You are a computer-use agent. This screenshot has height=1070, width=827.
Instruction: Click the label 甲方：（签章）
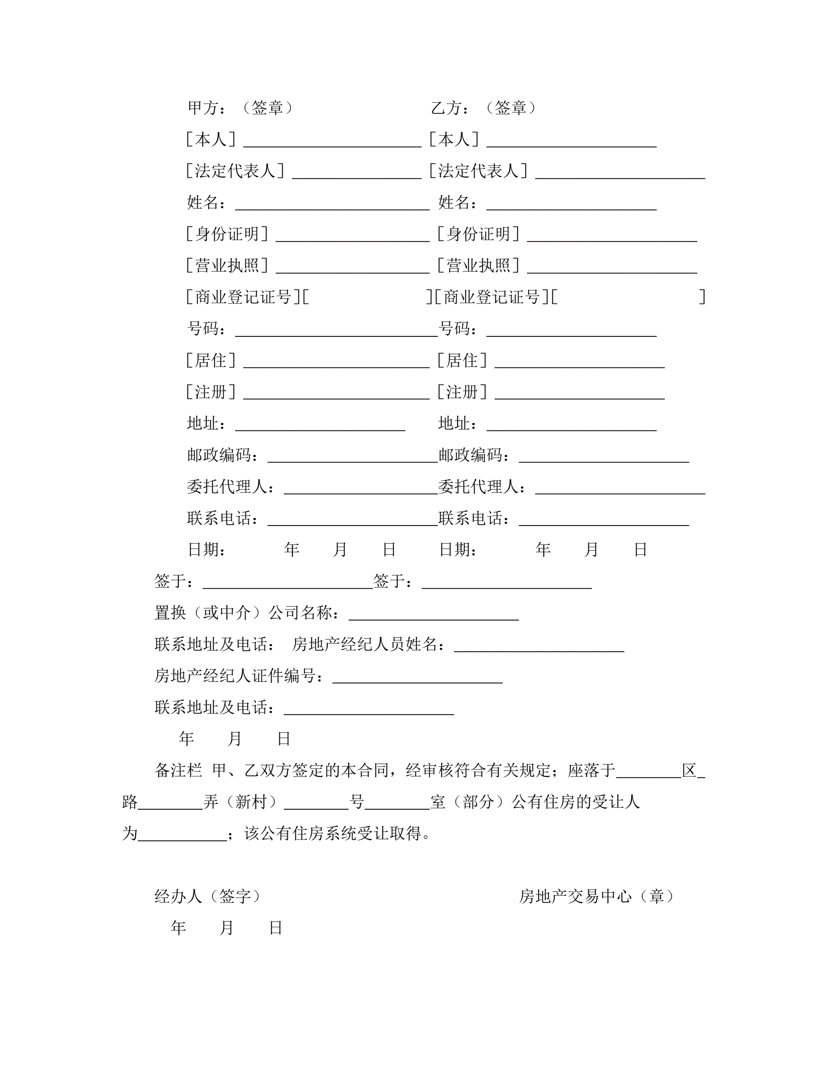click(241, 108)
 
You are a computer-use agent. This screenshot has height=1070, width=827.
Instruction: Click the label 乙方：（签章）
click(484, 108)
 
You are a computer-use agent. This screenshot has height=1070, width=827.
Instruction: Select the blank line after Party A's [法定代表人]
click(356, 174)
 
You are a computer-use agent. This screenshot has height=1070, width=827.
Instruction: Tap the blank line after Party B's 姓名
click(571, 206)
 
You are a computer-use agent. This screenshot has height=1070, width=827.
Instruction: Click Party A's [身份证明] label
click(227, 234)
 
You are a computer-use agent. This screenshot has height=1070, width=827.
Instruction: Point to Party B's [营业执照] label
click(478, 266)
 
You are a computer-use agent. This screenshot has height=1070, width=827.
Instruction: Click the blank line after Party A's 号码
click(336, 332)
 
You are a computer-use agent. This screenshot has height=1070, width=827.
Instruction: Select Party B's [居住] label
click(462, 361)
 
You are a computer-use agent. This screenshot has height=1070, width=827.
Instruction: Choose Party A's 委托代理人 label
click(230, 487)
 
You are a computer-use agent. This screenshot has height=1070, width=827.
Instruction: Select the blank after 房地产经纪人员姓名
click(539, 648)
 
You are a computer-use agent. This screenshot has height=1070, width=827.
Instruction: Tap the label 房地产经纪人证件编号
click(239, 676)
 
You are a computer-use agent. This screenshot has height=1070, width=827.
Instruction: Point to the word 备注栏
click(178, 771)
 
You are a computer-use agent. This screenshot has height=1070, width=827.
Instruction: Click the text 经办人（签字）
click(208, 897)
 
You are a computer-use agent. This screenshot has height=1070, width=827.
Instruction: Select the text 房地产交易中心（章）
click(597, 897)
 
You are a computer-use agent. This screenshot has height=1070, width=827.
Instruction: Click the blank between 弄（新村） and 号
click(316, 806)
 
